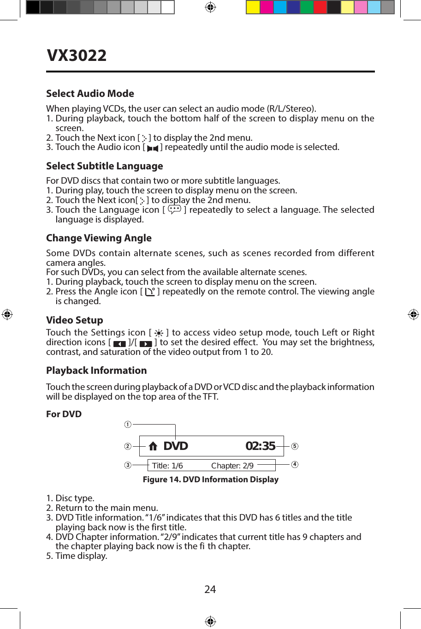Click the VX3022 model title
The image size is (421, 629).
pos(77,55)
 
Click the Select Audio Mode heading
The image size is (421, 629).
pos(90,94)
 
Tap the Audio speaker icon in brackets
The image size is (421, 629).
pos(153,148)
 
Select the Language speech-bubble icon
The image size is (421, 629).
pos(174,210)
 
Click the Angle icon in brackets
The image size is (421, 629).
pos(150,292)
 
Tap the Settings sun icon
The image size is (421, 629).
pos(159,333)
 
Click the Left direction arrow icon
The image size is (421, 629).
pos(119,344)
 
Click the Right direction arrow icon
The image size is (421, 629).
pos(146,344)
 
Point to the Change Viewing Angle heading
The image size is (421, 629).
pos(99,238)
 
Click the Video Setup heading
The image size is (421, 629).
pos(75,320)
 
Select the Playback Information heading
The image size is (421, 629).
pos(96,371)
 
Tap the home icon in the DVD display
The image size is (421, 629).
pos(153,446)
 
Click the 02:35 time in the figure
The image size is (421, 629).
pos(260,446)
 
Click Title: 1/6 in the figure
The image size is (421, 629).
pos(167,466)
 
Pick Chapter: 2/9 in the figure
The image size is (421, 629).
pos(232,466)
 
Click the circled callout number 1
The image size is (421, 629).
pos(128,424)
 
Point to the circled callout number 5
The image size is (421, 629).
pos(295,446)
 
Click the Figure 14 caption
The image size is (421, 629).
pos(210,479)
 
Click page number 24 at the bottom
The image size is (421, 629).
pos(210,589)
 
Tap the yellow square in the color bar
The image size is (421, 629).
pos(253,7)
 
